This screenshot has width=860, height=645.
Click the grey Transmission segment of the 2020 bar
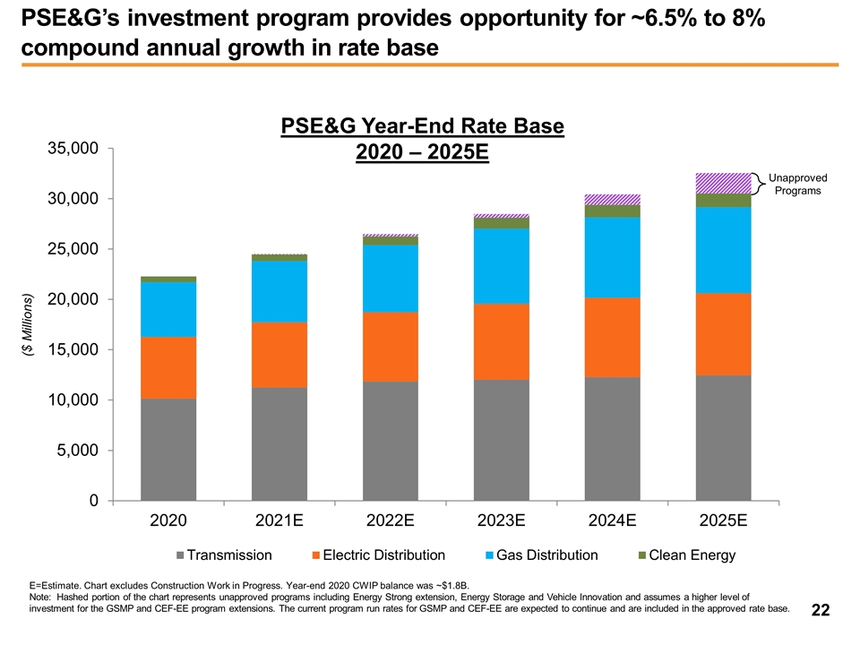click(168, 449)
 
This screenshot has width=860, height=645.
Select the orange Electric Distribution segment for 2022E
click(391, 347)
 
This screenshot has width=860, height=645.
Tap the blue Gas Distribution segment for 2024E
click(613, 258)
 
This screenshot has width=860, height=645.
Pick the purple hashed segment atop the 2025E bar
click(724, 183)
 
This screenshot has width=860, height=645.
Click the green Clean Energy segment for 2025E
click(724, 201)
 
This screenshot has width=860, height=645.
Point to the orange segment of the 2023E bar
click(502, 341)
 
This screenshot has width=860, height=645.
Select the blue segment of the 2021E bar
click(279, 292)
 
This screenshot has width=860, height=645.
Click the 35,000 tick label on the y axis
click(73, 148)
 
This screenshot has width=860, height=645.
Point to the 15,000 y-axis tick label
click(73, 349)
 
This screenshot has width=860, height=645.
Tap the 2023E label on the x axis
click(502, 520)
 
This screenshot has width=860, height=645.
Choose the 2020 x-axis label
click(168, 520)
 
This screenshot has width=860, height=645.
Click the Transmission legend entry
click(224, 555)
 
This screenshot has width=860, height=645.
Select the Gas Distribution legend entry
click(542, 555)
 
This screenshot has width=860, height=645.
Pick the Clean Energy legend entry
click(687, 555)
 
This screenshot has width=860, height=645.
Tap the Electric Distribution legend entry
click(379, 555)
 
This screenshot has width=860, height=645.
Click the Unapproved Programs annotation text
click(797, 185)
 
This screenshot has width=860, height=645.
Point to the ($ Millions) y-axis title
click(28, 325)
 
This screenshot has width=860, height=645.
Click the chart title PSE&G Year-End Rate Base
click(422, 125)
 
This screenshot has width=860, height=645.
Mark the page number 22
click(821, 610)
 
